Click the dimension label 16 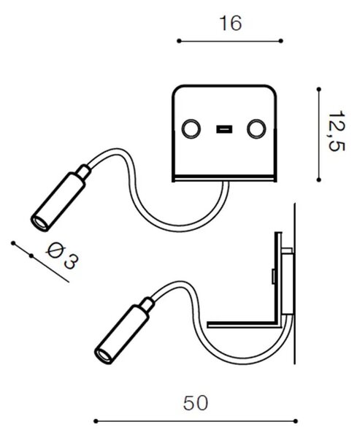pyautogui.click(x=231, y=23)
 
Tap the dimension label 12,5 pyautogui.click(x=337, y=132)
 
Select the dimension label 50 pyautogui.click(x=196, y=403)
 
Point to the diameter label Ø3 pyautogui.click(x=62, y=256)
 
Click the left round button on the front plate pyautogui.click(x=191, y=128)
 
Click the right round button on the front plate pyautogui.click(x=256, y=129)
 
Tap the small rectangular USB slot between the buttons pyautogui.click(x=224, y=129)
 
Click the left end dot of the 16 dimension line pyautogui.click(x=179, y=41)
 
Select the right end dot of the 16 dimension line pyautogui.click(x=281, y=41)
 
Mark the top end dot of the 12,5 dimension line pyautogui.click(x=319, y=89)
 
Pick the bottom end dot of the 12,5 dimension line pyautogui.click(x=319, y=180)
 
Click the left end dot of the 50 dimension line pyautogui.click(x=96, y=421)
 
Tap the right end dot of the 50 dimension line pyautogui.click(x=296, y=421)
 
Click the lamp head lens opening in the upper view pyautogui.click(x=39, y=223)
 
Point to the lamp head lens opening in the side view pyautogui.click(x=103, y=356)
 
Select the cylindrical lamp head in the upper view pyautogui.click(x=58, y=201)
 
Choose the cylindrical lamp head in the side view pyautogui.click(x=122, y=334)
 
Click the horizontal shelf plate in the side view pyautogui.click(x=244, y=324)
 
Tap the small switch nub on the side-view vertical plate pyautogui.click(x=273, y=276)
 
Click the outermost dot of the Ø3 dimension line pyautogui.click(x=13, y=243)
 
